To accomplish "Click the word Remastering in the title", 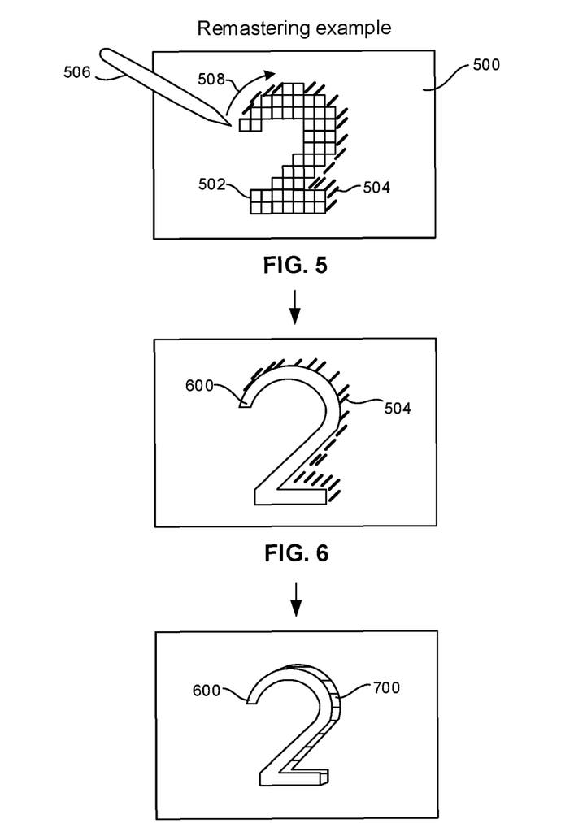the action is [x=249, y=28].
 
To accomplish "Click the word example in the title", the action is [x=349, y=28].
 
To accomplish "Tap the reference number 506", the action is [x=77, y=72].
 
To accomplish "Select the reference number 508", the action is [x=211, y=80].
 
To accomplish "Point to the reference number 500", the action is [x=486, y=64].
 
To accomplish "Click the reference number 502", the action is [x=211, y=184].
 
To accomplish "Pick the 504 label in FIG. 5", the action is [x=376, y=188].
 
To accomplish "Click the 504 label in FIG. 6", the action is [x=398, y=408].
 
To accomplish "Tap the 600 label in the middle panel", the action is [x=200, y=386].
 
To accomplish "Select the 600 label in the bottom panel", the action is [x=207, y=691].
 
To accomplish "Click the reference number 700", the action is [x=387, y=687].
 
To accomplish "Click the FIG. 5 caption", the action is [x=295, y=266].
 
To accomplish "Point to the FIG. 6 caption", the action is [x=296, y=553].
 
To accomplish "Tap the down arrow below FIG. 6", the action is [x=296, y=599].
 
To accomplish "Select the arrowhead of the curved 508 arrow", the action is [x=270, y=75].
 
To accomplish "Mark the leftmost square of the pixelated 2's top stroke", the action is [x=245, y=125].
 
